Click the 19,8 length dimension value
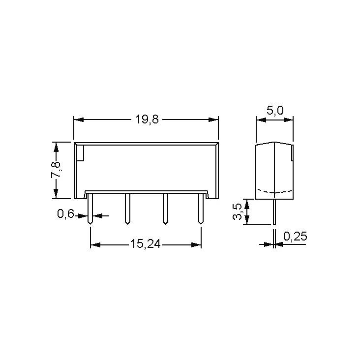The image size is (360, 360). pos(147,120)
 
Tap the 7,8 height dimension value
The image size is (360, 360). pos(56,170)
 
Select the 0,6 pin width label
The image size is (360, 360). pos(65,214)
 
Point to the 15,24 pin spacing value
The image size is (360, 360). pos(146,244)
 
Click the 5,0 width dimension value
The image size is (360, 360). pos(275,111)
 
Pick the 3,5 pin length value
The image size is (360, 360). pos(238,211)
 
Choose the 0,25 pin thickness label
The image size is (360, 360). pos(295,236)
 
